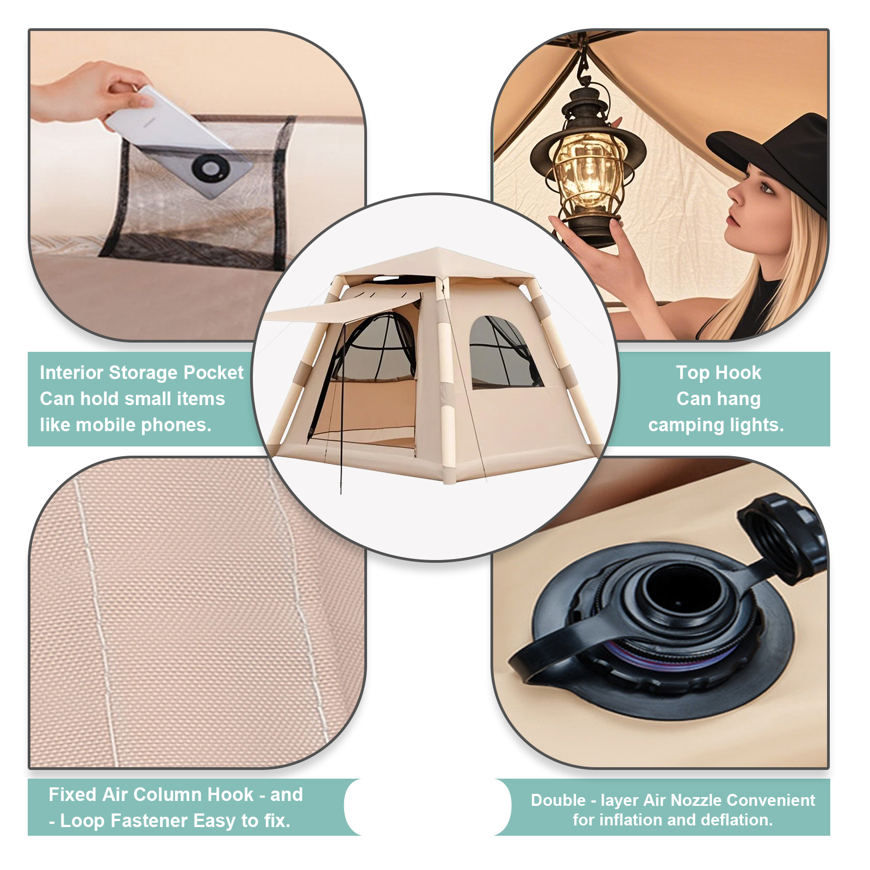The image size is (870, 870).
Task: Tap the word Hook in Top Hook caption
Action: pyautogui.click(x=742, y=372)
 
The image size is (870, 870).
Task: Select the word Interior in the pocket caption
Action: pyautogui.click(x=72, y=372)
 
